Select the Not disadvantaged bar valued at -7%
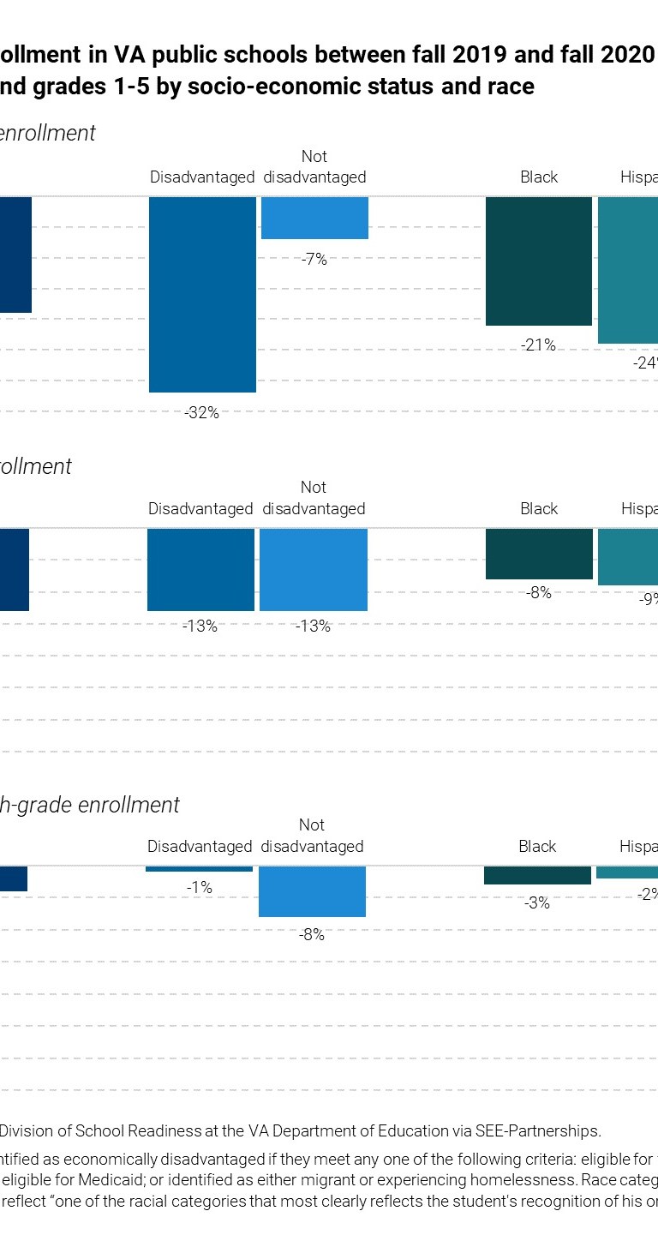point(314,218)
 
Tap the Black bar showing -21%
point(538,261)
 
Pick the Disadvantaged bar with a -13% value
point(200,569)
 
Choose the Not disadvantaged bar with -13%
point(314,569)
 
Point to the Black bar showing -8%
point(539,554)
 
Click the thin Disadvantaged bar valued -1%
point(199,869)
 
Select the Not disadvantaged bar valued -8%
point(312,891)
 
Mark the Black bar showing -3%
point(537,875)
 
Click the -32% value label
point(201,413)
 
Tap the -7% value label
point(314,260)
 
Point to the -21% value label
point(538,345)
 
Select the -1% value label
point(199,889)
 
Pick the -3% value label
point(537,903)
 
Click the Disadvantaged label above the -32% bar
point(202,177)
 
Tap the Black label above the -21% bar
point(539,177)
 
